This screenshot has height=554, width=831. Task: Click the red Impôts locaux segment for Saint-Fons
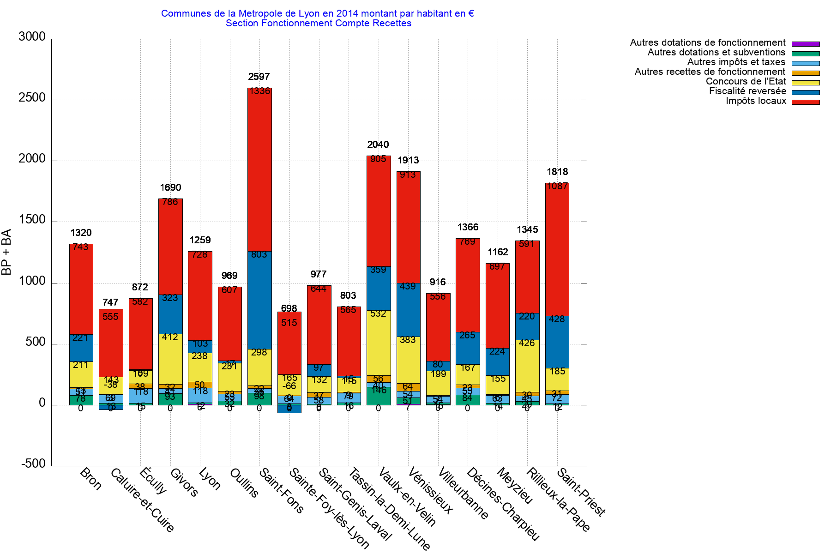coord(259,171)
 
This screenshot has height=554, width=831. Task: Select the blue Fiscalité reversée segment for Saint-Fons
coord(259,300)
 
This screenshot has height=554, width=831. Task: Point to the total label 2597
coord(259,77)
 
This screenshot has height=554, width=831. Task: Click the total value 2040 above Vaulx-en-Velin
coord(378,145)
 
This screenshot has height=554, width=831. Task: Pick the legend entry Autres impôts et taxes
coord(736,62)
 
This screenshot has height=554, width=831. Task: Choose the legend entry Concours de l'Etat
coord(745,81)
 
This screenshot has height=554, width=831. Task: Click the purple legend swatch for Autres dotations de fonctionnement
coord(806,44)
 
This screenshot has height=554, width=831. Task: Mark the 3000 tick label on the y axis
coord(32,37)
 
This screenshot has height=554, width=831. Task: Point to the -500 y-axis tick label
coord(33,464)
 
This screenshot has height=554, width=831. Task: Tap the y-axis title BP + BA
coord(6,252)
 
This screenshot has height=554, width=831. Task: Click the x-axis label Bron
coord(90,479)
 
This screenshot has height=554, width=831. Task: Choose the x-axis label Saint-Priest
coord(581,492)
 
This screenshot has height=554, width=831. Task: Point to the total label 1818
coord(557,172)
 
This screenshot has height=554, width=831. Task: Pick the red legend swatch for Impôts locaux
coord(806,102)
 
